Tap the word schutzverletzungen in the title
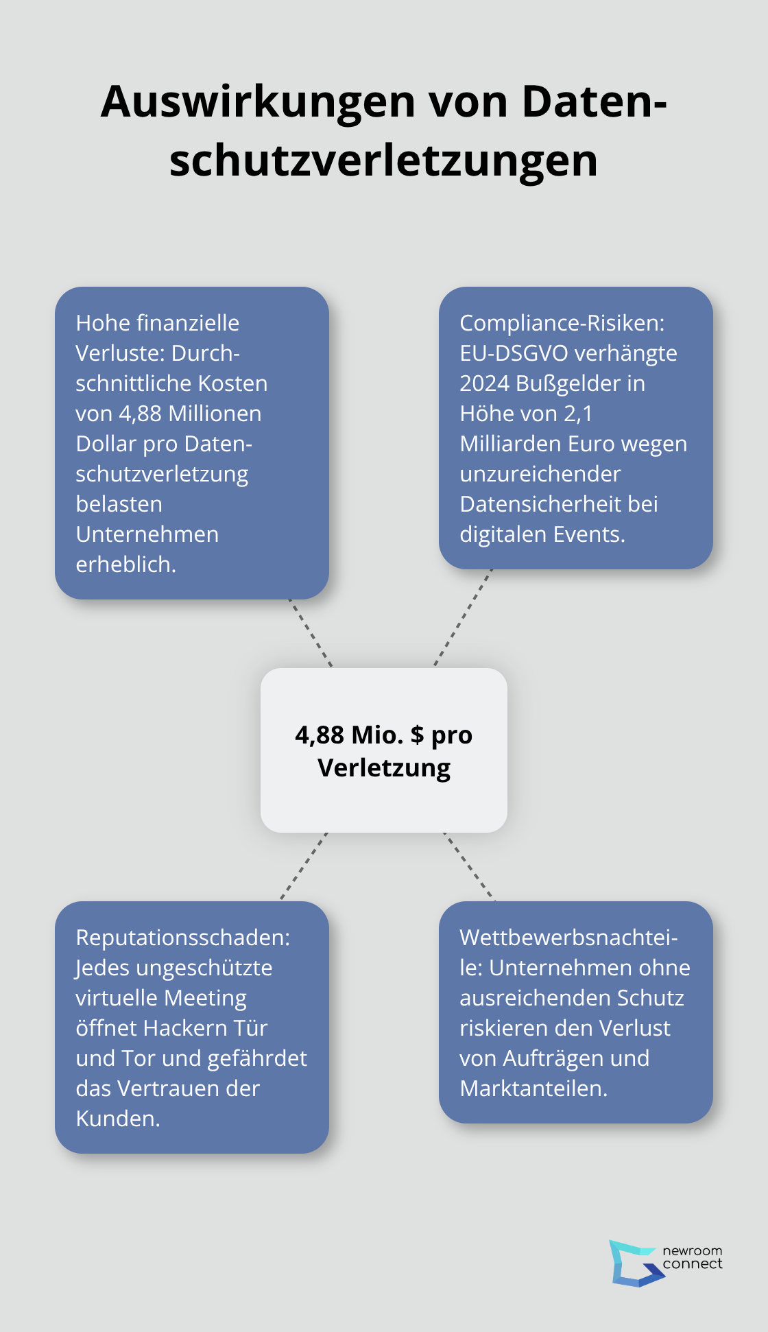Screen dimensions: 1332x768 pyautogui.click(x=383, y=162)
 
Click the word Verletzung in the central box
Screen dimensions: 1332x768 pyautogui.click(x=384, y=768)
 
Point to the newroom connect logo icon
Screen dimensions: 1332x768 pyautogui.click(x=635, y=1263)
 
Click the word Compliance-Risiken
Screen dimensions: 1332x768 pyautogui.click(x=562, y=323)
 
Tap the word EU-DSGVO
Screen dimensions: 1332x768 pyautogui.click(x=514, y=353)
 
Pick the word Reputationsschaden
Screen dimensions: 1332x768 pyautogui.click(x=182, y=938)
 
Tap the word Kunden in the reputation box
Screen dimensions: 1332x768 pyautogui.click(x=117, y=1119)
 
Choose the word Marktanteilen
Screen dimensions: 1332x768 pyautogui.click(x=533, y=1089)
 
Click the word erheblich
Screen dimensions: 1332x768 pyautogui.click(x=125, y=564)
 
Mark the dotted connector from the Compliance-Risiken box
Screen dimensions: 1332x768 pyautogui.click(x=464, y=617)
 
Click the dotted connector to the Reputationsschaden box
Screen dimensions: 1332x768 pyautogui.click(x=304, y=866)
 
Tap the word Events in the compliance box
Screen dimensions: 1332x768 pyautogui.click(x=589, y=534)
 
